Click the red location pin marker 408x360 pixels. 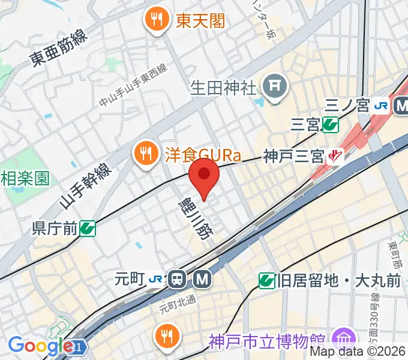coord(204,175)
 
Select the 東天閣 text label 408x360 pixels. coord(200,21)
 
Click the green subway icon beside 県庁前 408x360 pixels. coord(88,228)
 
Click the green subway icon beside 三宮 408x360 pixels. coord(329,125)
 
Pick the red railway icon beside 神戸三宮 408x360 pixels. coord(334,157)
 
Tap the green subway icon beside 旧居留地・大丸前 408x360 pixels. coord(267,280)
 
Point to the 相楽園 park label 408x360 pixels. coord(24,178)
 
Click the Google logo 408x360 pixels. coord(41,346)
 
